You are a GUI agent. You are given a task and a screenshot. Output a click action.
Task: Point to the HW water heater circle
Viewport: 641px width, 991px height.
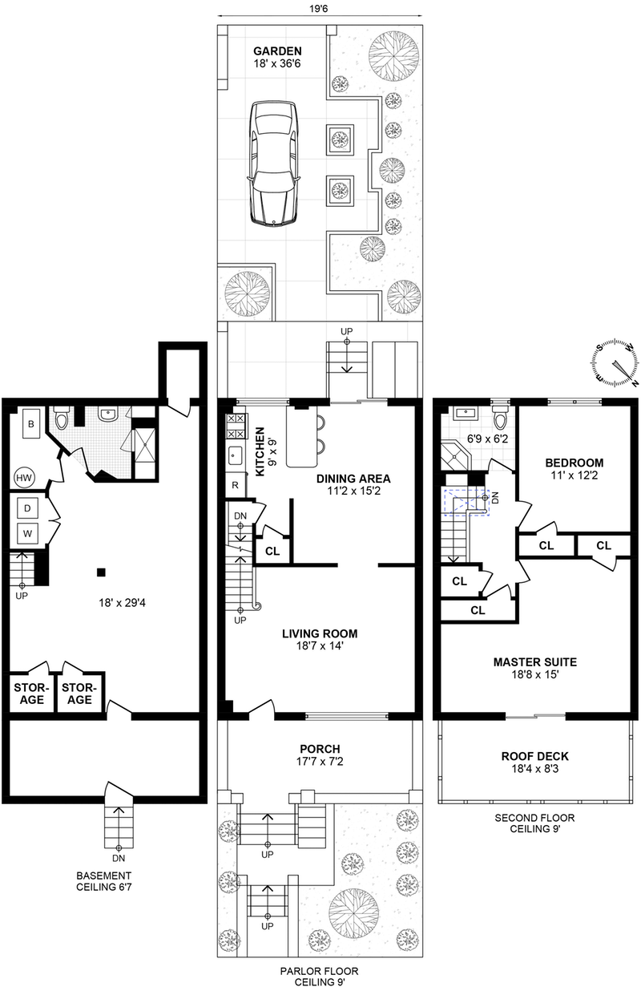(x=24, y=479)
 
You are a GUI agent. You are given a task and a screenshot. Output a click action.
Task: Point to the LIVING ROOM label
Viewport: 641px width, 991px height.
(x=319, y=633)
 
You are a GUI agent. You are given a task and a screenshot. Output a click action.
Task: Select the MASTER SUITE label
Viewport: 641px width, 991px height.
(x=534, y=662)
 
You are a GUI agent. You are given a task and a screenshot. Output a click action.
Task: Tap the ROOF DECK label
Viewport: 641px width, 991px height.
(x=534, y=755)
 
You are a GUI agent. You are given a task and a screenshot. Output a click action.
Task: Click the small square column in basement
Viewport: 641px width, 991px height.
(x=100, y=572)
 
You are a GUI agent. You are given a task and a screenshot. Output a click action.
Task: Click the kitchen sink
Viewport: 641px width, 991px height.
(x=235, y=457)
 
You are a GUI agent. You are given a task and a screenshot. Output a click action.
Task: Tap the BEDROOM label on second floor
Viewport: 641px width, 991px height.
(x=574, y=463)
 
